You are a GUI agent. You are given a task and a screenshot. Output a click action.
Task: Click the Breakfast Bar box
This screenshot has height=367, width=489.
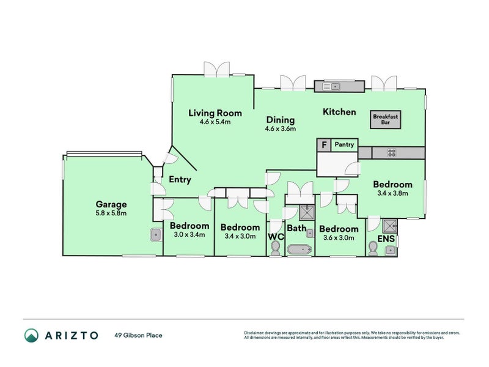coord(386,119)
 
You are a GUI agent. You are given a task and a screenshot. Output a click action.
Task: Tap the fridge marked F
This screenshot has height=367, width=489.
coord(324,145)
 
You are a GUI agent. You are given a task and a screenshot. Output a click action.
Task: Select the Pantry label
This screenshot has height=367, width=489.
coord(344,144)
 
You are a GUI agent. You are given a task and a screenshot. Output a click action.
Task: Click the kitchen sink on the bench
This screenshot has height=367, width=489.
coord(331,86)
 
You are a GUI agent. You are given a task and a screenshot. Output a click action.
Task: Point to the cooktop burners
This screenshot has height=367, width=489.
coord(392,153)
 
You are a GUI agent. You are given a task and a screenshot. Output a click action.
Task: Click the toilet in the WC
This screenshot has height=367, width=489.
coord(276,249)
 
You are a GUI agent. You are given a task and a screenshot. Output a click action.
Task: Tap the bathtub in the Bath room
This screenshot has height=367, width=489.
coord(300,250)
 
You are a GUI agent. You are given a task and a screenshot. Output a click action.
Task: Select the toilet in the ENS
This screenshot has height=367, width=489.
coord(373,248)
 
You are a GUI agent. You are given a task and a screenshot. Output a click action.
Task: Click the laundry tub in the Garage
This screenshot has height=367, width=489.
coord(156,235)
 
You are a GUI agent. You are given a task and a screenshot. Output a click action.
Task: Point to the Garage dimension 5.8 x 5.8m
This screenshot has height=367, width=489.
coord(111,213)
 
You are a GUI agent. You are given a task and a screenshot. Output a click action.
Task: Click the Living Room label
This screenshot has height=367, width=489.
coord(215,113)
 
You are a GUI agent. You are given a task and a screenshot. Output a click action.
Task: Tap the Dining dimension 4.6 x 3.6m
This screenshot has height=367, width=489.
coord(281,128)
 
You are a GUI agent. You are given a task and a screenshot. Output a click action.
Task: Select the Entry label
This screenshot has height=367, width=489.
coord(180,180)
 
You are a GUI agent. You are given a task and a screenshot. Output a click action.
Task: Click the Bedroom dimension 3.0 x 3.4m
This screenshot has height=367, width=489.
coord(189,234)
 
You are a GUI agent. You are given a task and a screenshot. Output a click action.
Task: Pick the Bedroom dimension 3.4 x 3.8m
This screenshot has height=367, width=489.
coord(392,193)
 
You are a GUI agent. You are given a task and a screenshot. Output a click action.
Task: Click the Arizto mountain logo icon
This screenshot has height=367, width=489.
coord(32,335)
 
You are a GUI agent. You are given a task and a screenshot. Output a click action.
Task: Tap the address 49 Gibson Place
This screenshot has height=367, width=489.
coord(139,335)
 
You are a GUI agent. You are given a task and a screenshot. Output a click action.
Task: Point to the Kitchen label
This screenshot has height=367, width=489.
coord(339,112)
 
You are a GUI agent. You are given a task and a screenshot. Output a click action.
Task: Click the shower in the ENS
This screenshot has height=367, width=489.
coord(390,226)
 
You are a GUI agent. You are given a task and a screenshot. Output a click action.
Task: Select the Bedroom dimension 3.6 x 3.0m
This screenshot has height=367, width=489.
coord(339,238)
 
